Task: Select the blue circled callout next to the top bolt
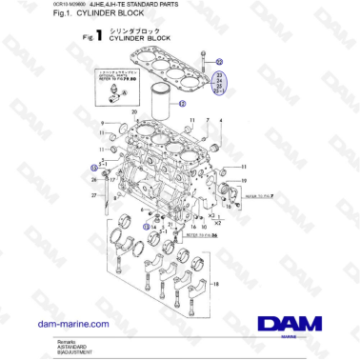pyautogui.click(x=218, y=60)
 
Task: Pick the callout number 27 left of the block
pyautogui.click(x=93, y=195)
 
